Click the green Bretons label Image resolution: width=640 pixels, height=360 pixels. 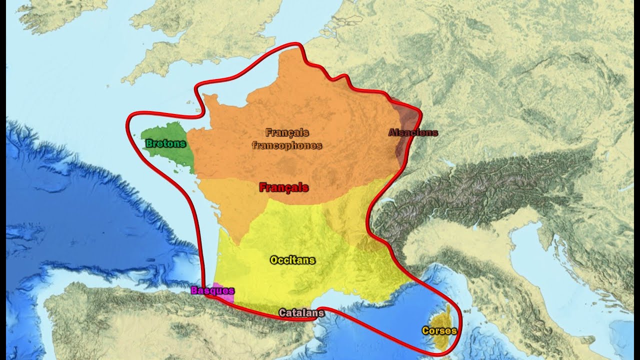pos(165,144)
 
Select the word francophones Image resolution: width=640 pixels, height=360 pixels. pos(286,146)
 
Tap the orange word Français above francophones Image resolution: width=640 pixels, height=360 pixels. pos(287,133)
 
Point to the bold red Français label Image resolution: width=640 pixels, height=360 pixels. pos(283,188)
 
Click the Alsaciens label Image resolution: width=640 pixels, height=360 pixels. pos(413,133)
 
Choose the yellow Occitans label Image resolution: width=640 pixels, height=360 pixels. pos(292,260)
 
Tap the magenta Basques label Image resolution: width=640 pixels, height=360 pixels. pos(212,290)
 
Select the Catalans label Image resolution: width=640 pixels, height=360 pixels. pos(301,313)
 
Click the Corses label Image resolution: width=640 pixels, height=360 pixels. pos(439,330)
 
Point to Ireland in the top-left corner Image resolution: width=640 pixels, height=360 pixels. pos(55,12)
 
